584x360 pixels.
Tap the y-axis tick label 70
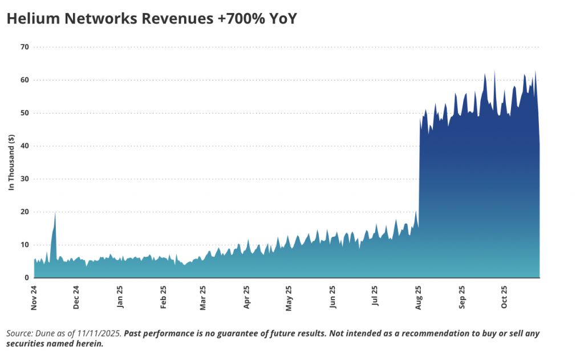25,47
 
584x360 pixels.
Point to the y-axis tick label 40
25,146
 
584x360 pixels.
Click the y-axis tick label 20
25,212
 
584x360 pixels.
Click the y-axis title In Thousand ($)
11,163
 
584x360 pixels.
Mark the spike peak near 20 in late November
55,213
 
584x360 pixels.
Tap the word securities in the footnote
26,344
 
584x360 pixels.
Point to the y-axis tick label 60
25,80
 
